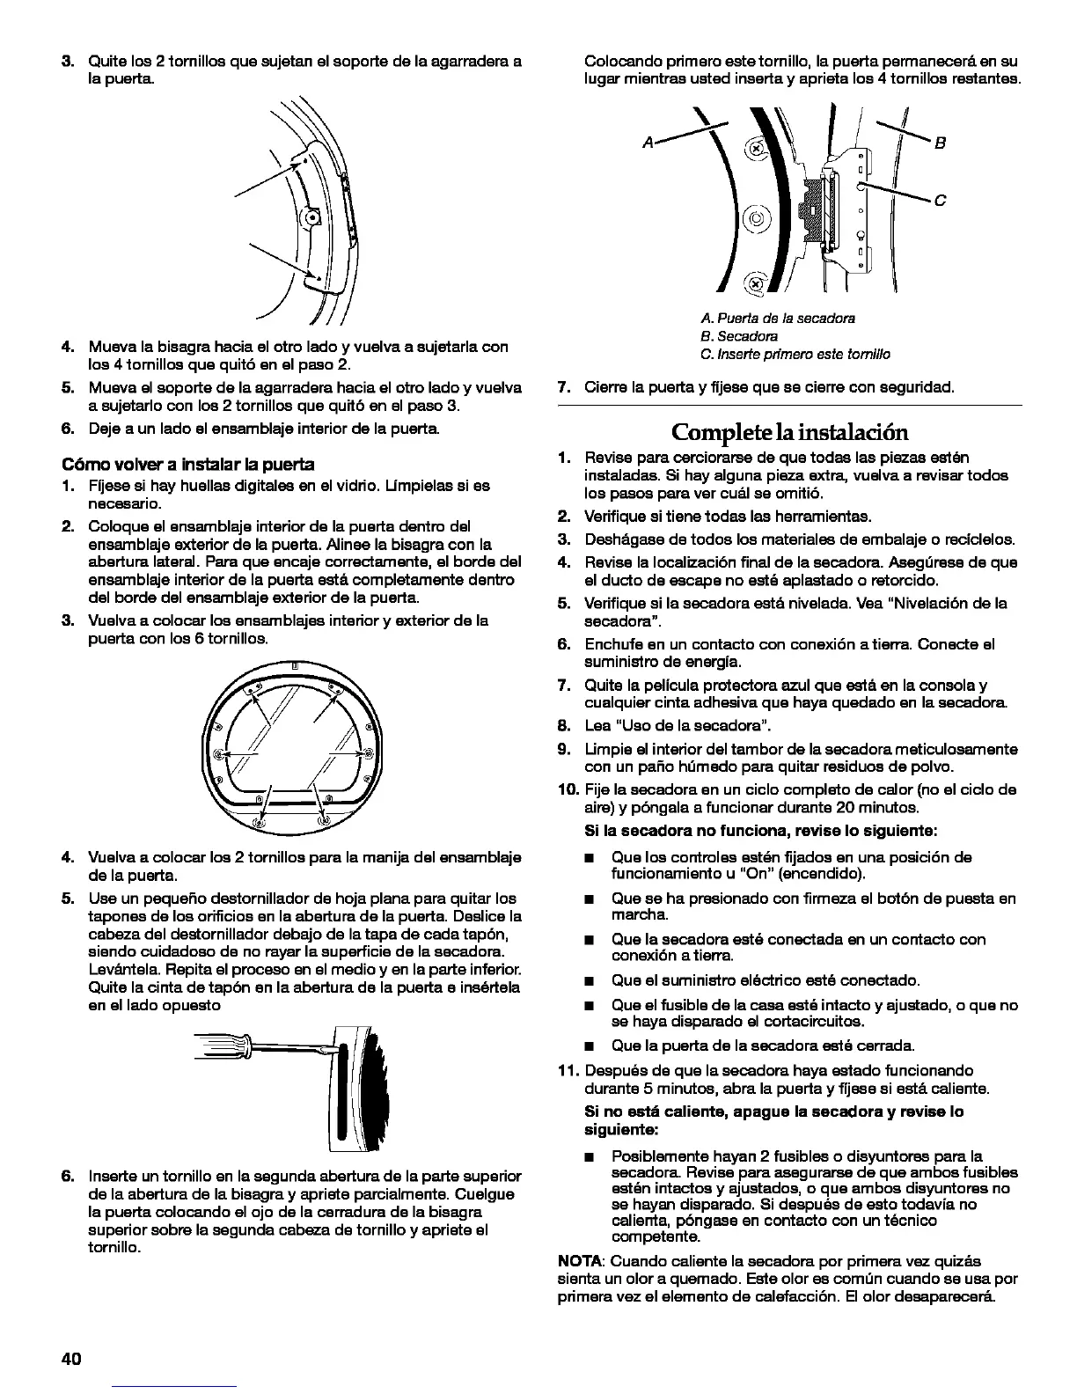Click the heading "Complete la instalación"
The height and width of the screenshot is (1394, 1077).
click(789, 432)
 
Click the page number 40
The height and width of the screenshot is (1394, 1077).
click(71, 1358)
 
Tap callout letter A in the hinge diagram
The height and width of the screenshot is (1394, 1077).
click(648, 143)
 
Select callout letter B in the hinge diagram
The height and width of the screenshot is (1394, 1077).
click(939, 143)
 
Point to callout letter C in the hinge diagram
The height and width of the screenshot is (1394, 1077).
click(940, 201)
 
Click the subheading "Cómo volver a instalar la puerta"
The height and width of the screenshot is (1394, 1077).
click(187, 464)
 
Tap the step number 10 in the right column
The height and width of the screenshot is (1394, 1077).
click(568, 789)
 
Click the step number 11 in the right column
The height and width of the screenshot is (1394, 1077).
click(568, 1070)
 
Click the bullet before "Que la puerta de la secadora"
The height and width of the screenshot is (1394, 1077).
click(593, 1046)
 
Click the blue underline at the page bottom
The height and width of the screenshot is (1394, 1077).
click(176, 1386)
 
